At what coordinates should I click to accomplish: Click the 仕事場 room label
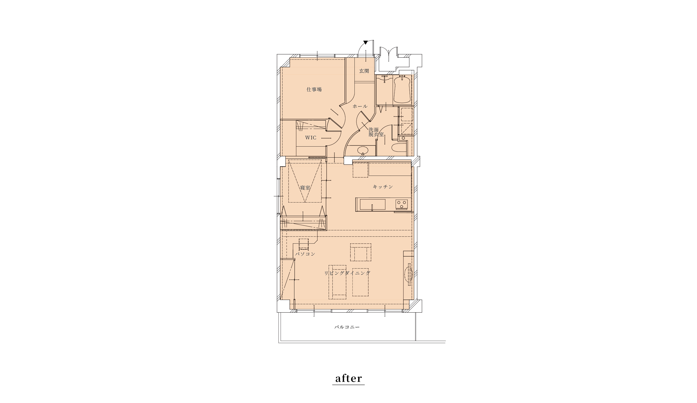coord(314,90)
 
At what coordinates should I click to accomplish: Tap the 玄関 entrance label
coord(364,71)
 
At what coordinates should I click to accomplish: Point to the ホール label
coord(360,106)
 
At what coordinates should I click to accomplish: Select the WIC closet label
coord(311,138)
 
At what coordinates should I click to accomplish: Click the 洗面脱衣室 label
coord(376,132)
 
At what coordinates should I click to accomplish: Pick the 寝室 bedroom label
coord(305,188)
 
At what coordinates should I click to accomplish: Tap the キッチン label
coord(383,187)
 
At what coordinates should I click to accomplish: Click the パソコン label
coord(305,254)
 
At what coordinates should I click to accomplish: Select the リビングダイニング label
coord(347,273)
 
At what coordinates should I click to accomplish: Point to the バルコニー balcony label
coord(347,327)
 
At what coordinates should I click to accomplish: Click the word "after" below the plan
coord(349,378)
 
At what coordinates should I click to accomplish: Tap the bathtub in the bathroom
coord(402,90)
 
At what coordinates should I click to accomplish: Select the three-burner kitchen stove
coord(401,204)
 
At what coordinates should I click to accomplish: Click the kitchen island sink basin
coord(373,205)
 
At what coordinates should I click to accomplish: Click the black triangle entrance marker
coord(365,43)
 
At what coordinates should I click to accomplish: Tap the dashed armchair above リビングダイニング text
coord(361,252)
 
